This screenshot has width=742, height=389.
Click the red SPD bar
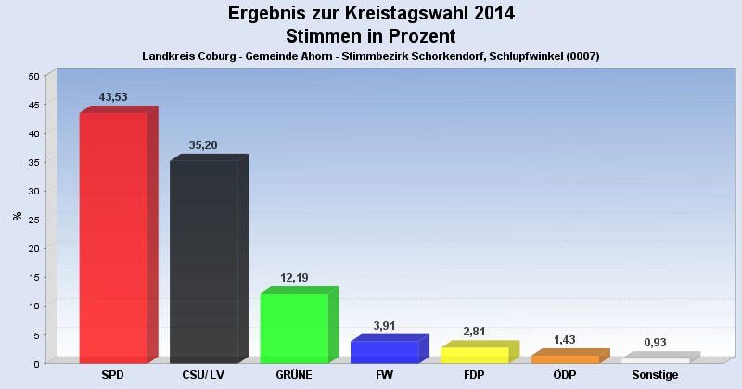[113, 238]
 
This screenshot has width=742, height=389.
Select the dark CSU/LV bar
[204, 262]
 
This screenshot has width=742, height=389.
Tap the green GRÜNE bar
[294, 328]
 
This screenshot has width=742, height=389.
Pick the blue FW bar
[385, 352]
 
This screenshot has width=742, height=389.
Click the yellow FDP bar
[475, 355]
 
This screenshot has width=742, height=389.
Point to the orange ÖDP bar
[565, 358]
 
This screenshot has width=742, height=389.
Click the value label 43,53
[113, 97]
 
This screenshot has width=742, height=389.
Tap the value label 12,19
[294, 278]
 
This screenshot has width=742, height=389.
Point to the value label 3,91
[385, 326]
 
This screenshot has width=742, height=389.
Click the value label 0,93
[655, 343]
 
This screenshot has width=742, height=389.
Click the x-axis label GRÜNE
[294, 375]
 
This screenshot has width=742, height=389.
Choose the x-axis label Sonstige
[655, 375]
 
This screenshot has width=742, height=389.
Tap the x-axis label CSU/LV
[204, 375]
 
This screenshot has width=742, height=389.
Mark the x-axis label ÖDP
[565, 375]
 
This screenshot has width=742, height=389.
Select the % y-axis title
[17, 216]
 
